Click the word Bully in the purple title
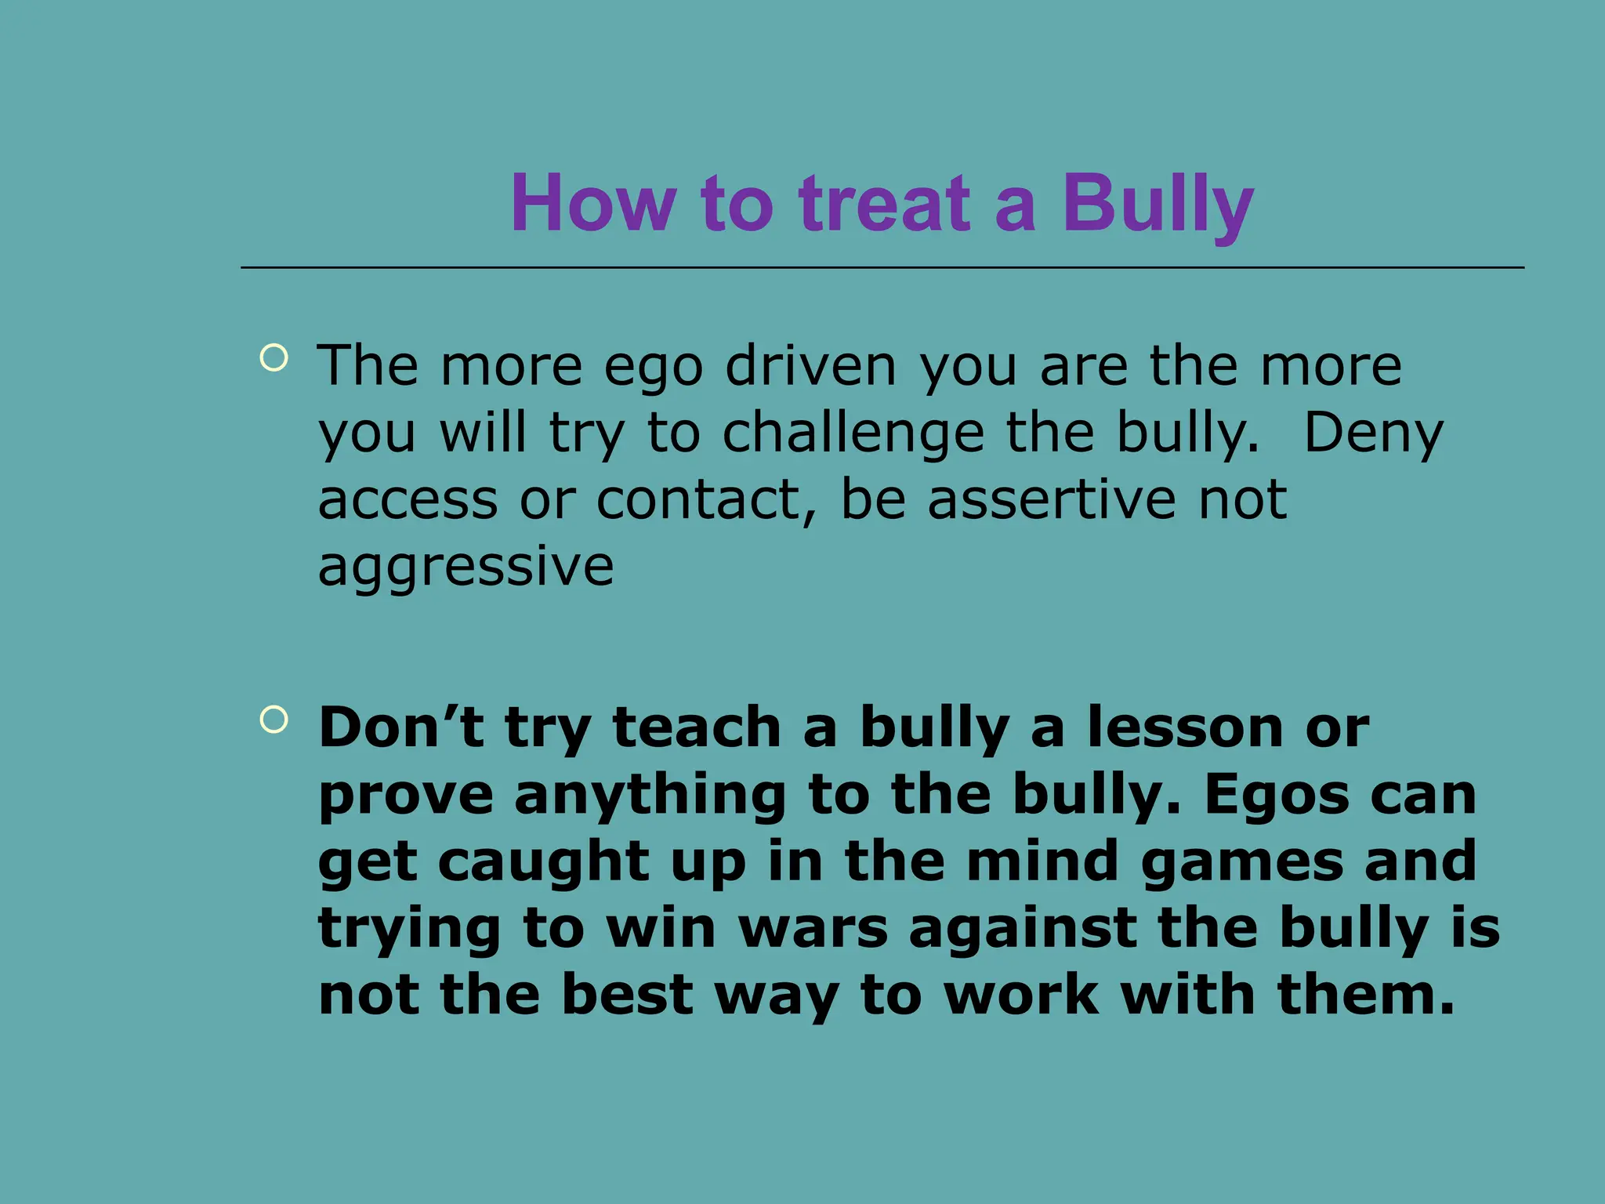click(x=1158, y=204)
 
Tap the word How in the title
click(x=592, y=204)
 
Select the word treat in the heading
click(x=885, y=204)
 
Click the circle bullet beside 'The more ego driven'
click(x=274, y=358)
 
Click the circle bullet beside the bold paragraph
click(x=274, y=719)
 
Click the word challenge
click(x=853, y=433)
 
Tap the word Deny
click(x=1372, y=433)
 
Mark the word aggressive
click(x=466, y=568)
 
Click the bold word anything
click(x=650, y=795)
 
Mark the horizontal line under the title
click(x=882, y=268)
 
